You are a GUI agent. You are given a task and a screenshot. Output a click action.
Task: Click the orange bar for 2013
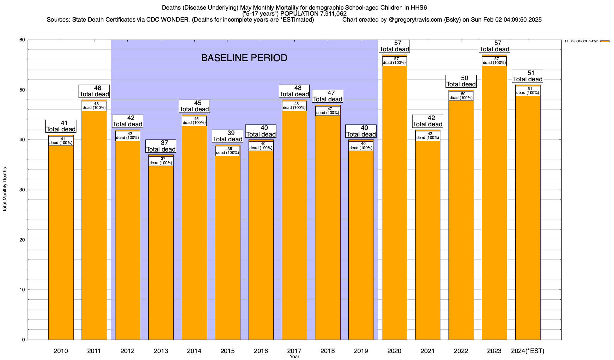point(161,252)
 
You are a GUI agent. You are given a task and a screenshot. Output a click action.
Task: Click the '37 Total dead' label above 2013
point(161,146)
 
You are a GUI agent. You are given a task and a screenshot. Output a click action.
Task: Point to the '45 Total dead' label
point(194,106)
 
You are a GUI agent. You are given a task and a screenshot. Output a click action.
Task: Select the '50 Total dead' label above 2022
point(461,81)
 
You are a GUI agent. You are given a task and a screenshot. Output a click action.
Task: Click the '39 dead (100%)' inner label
point(228,151)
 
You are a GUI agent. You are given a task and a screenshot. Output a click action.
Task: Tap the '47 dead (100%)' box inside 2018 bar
point(328,111)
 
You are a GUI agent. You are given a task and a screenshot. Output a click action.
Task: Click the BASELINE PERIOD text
point(244,58)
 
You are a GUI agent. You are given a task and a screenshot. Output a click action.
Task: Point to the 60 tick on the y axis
point(22,40)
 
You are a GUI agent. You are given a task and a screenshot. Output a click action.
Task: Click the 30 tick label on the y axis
point(22,190)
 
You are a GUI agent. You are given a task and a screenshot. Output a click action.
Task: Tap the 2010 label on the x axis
point(61,351)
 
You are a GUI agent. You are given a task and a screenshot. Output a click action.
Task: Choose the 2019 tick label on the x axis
point(361,351)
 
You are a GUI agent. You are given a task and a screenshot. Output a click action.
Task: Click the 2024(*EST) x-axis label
point(528,351)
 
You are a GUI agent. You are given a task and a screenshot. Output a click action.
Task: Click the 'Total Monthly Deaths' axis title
point(5,190)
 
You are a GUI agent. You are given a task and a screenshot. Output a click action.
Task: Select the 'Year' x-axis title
point(294,357)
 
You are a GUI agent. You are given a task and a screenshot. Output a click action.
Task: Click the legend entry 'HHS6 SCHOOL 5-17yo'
point(582,41)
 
